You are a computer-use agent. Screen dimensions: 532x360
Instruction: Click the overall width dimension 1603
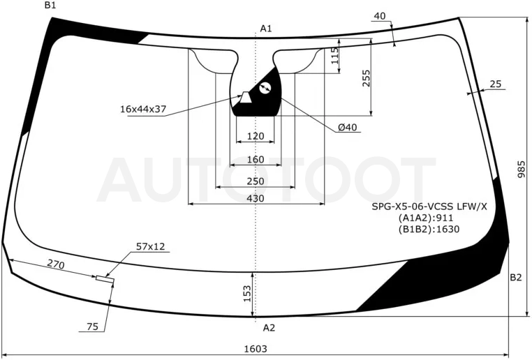click(x=256, y=348)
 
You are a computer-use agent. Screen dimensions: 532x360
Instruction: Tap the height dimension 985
click(x=521, y=169)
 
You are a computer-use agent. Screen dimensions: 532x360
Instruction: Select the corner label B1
click(x=50, y=5)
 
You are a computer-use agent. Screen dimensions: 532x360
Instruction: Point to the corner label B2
click(x=515, y=277)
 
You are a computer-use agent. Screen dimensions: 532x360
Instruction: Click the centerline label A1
click(x=266, y=29)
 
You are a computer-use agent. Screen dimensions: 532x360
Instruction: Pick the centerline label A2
click(x=269, y=328)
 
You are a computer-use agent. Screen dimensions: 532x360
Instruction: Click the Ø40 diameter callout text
click(x=348, y=128)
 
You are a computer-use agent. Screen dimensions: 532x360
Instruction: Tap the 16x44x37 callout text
click(x=143, y=109)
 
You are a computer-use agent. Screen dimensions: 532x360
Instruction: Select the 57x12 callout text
click(x=150, y=246)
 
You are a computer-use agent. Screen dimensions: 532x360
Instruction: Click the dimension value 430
click(x=255, y=198)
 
